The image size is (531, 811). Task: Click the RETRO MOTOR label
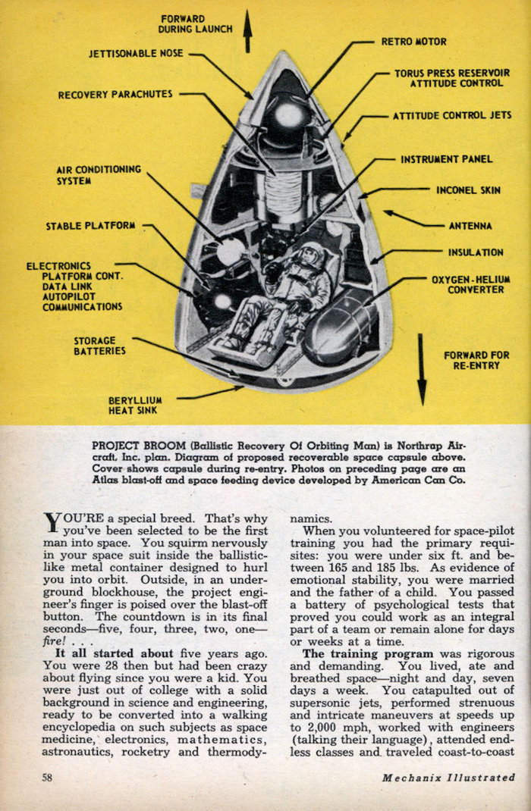pyautogui.click(x=413, y=42)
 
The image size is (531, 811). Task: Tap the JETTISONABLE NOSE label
pyautogui.click(x=136, y=53)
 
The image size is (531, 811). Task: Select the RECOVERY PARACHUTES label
pyautogui.click(x=115, y=95)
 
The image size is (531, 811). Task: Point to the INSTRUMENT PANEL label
pyautogui.click(x=447, y=159)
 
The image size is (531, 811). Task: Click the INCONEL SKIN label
pyautogui.click(x=468, y=190)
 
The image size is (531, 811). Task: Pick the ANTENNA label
pyautogui.click(x=470, y=226)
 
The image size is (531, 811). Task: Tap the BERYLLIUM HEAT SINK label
pyautogui.click(x=135, y=405)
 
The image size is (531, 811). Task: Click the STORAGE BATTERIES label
pyautogui.click(x=100, y=346)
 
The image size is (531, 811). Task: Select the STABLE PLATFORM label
pyautogui.click(x=90, y=226)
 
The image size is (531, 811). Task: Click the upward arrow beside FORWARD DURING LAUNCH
pyautogui.click(x=248, y=31)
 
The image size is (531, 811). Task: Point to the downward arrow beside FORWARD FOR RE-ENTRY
pyautogui.click(x=422, y=369)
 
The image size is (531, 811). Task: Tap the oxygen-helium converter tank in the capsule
pyautogui.click(x=339, y=327)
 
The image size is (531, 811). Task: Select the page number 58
pyautogui.click(x=47, y=777)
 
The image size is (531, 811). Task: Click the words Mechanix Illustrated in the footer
pyautogui.click(x=449, y=777)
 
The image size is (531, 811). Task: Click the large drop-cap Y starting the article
pyautogui.click(x=52, y=522)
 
